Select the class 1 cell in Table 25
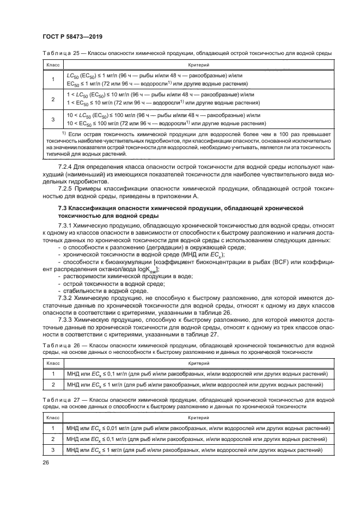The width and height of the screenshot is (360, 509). [53, 80]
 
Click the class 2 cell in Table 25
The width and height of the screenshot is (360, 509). [53, 100]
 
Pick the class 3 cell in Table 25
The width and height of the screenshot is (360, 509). [53, 120]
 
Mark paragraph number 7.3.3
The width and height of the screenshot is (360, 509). [66, 319]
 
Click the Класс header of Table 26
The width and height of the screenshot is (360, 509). [53, 362]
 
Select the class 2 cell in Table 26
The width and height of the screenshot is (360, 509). [53, 384]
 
